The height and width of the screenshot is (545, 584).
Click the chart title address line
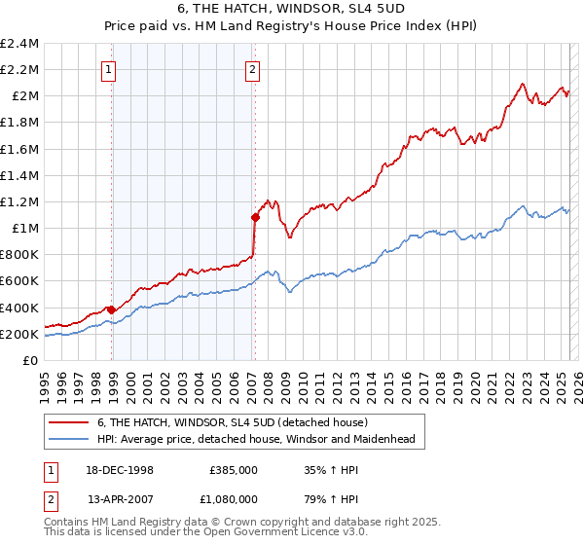pyautogui.click(x=292, y=9)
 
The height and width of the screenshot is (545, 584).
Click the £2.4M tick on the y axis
pyautogui.click(x=19, y=44)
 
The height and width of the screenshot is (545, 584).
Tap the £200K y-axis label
pyautogui.click(x=19, y=334)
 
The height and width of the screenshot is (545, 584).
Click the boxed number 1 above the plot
pyautogui.click(x=107, y=69)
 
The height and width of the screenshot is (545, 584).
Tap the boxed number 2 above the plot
pyautogui.click(x=252, y=69)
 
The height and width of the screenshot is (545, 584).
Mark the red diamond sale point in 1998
pyautogui.click(x=112, y=309)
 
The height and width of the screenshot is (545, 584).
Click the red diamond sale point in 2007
pyautogui.click(x=255, y=217)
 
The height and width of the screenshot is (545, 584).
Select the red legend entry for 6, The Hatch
pyautogui.click(x=232, y=422)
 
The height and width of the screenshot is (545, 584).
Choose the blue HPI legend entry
pyautogui.click(x=256, y=439)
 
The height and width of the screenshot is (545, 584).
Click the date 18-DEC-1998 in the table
pyautogui.click(x=121, y=469)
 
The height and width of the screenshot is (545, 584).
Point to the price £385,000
pyautogui.click(x=234, y=469)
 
